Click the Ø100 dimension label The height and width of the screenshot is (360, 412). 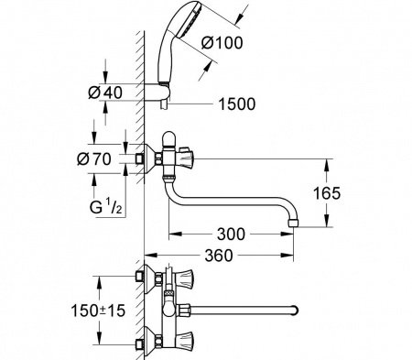222,42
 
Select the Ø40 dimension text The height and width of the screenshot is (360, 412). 105,93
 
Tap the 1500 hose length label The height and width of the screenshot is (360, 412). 237,104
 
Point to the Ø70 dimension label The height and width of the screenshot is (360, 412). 94,158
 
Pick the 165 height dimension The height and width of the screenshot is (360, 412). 327,193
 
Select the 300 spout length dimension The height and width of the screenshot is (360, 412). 231,235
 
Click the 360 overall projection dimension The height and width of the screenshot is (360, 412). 219,256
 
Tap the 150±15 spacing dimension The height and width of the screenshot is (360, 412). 98,311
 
